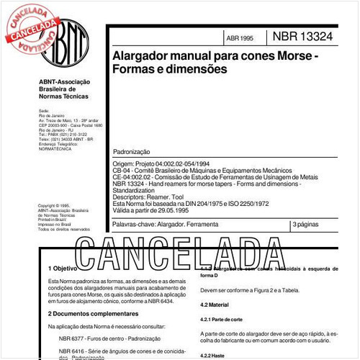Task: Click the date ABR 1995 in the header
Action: click(x=240, y=37)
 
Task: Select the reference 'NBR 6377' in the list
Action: click(x=73, y=338)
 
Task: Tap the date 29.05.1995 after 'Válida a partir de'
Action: click(x=189, y=212)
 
